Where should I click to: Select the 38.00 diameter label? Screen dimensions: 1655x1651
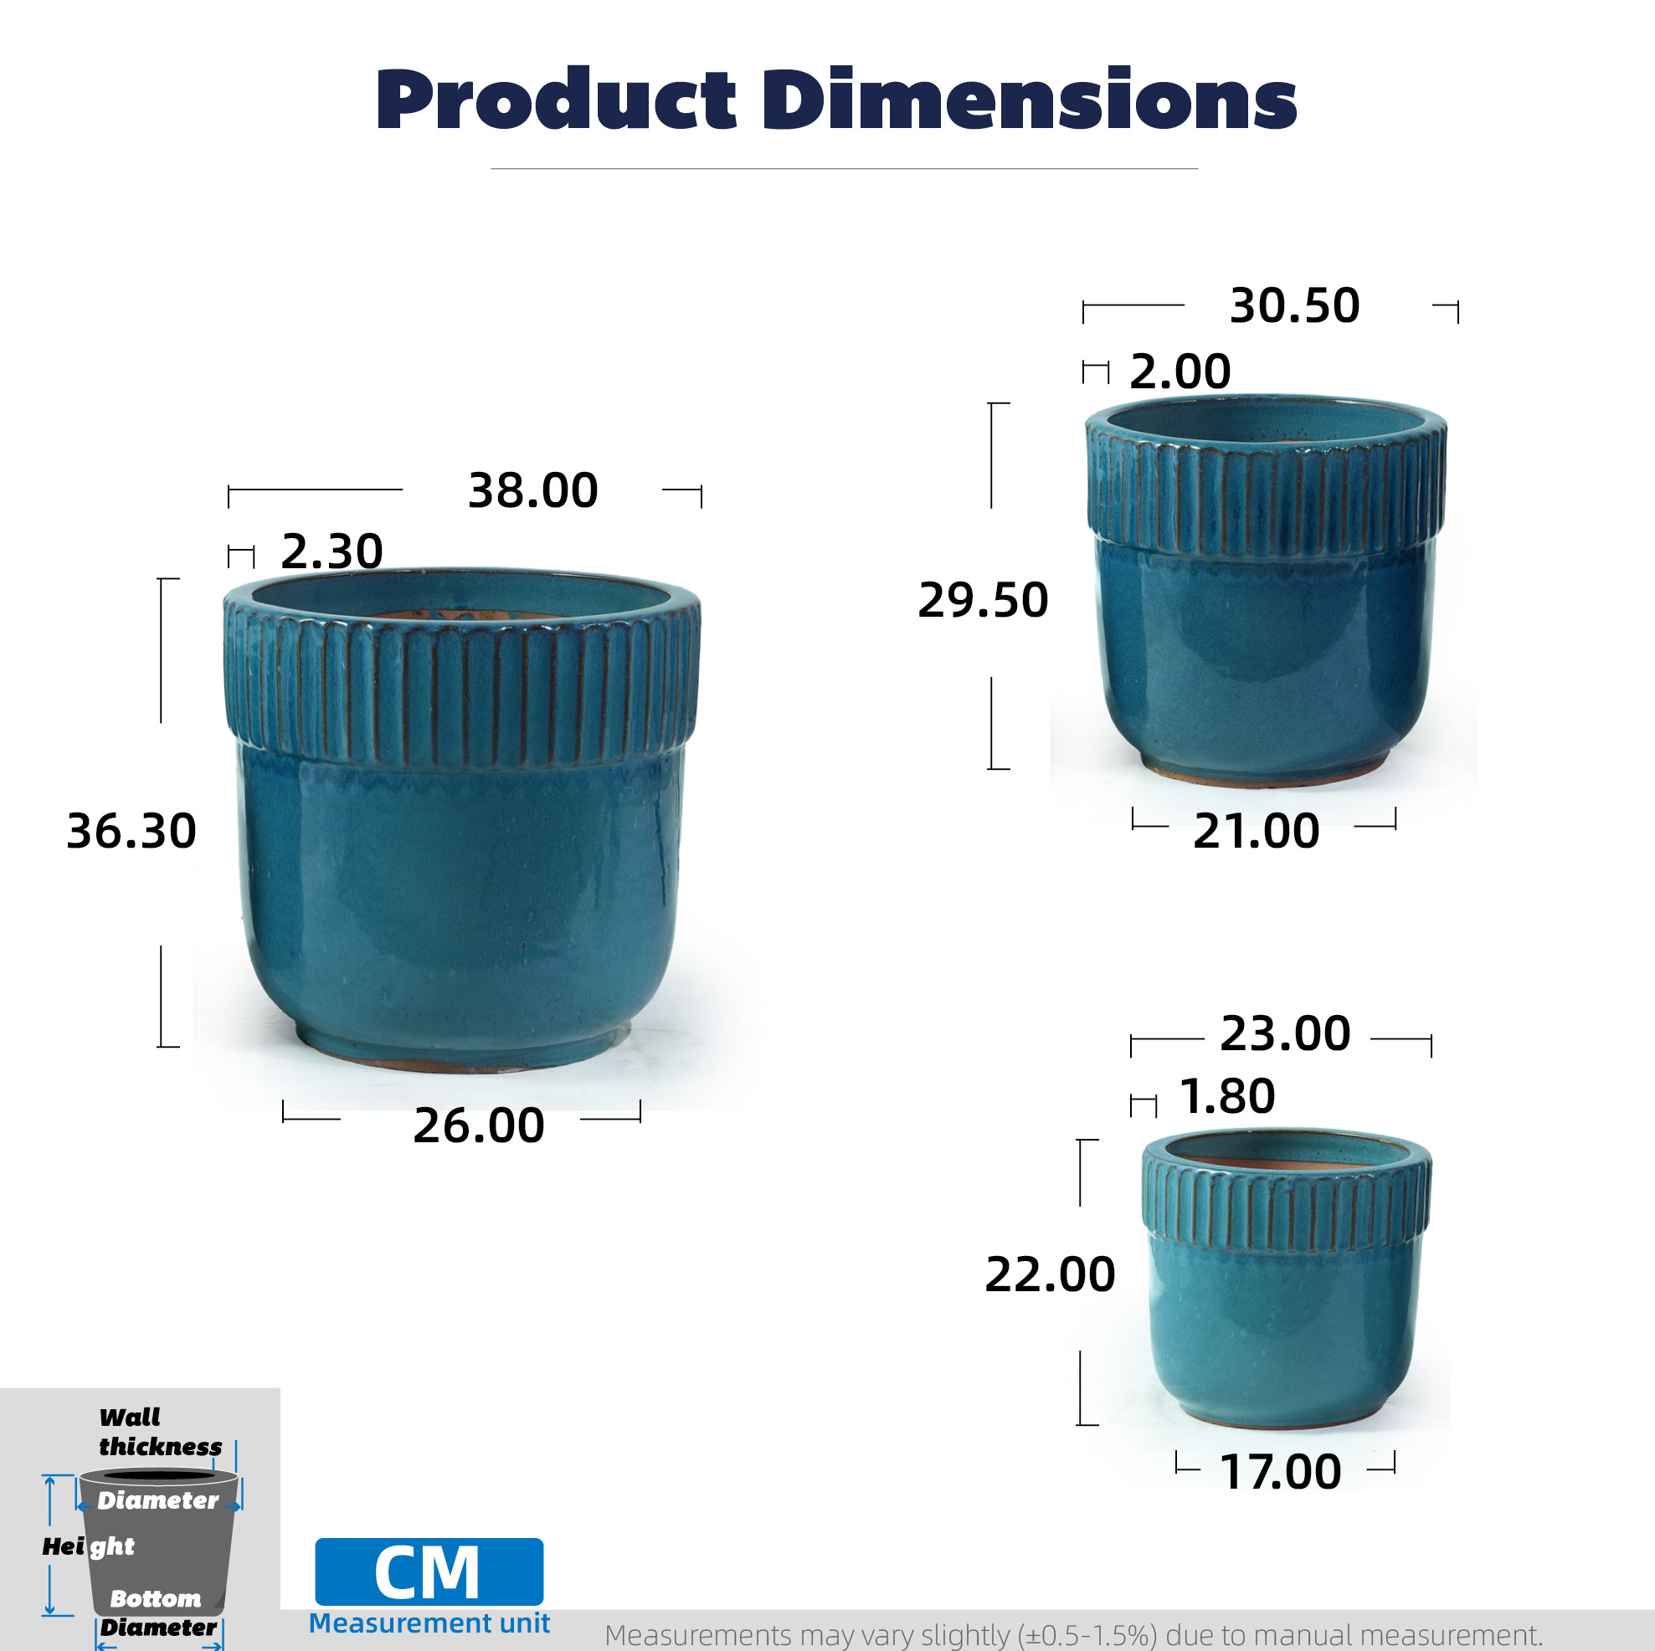pos(532,490)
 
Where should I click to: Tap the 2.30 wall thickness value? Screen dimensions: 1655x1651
pos(332,551)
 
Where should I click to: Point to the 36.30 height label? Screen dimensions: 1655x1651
pos(131,832)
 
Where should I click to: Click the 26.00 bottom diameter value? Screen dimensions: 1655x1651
pos(478,1125)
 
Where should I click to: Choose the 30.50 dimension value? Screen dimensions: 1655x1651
pos(1294,305)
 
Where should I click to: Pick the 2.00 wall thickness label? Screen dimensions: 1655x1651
pos(1180,372)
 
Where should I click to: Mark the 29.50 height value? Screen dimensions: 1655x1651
pos(983,599)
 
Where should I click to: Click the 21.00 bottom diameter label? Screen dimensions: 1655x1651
pos(1256,832)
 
